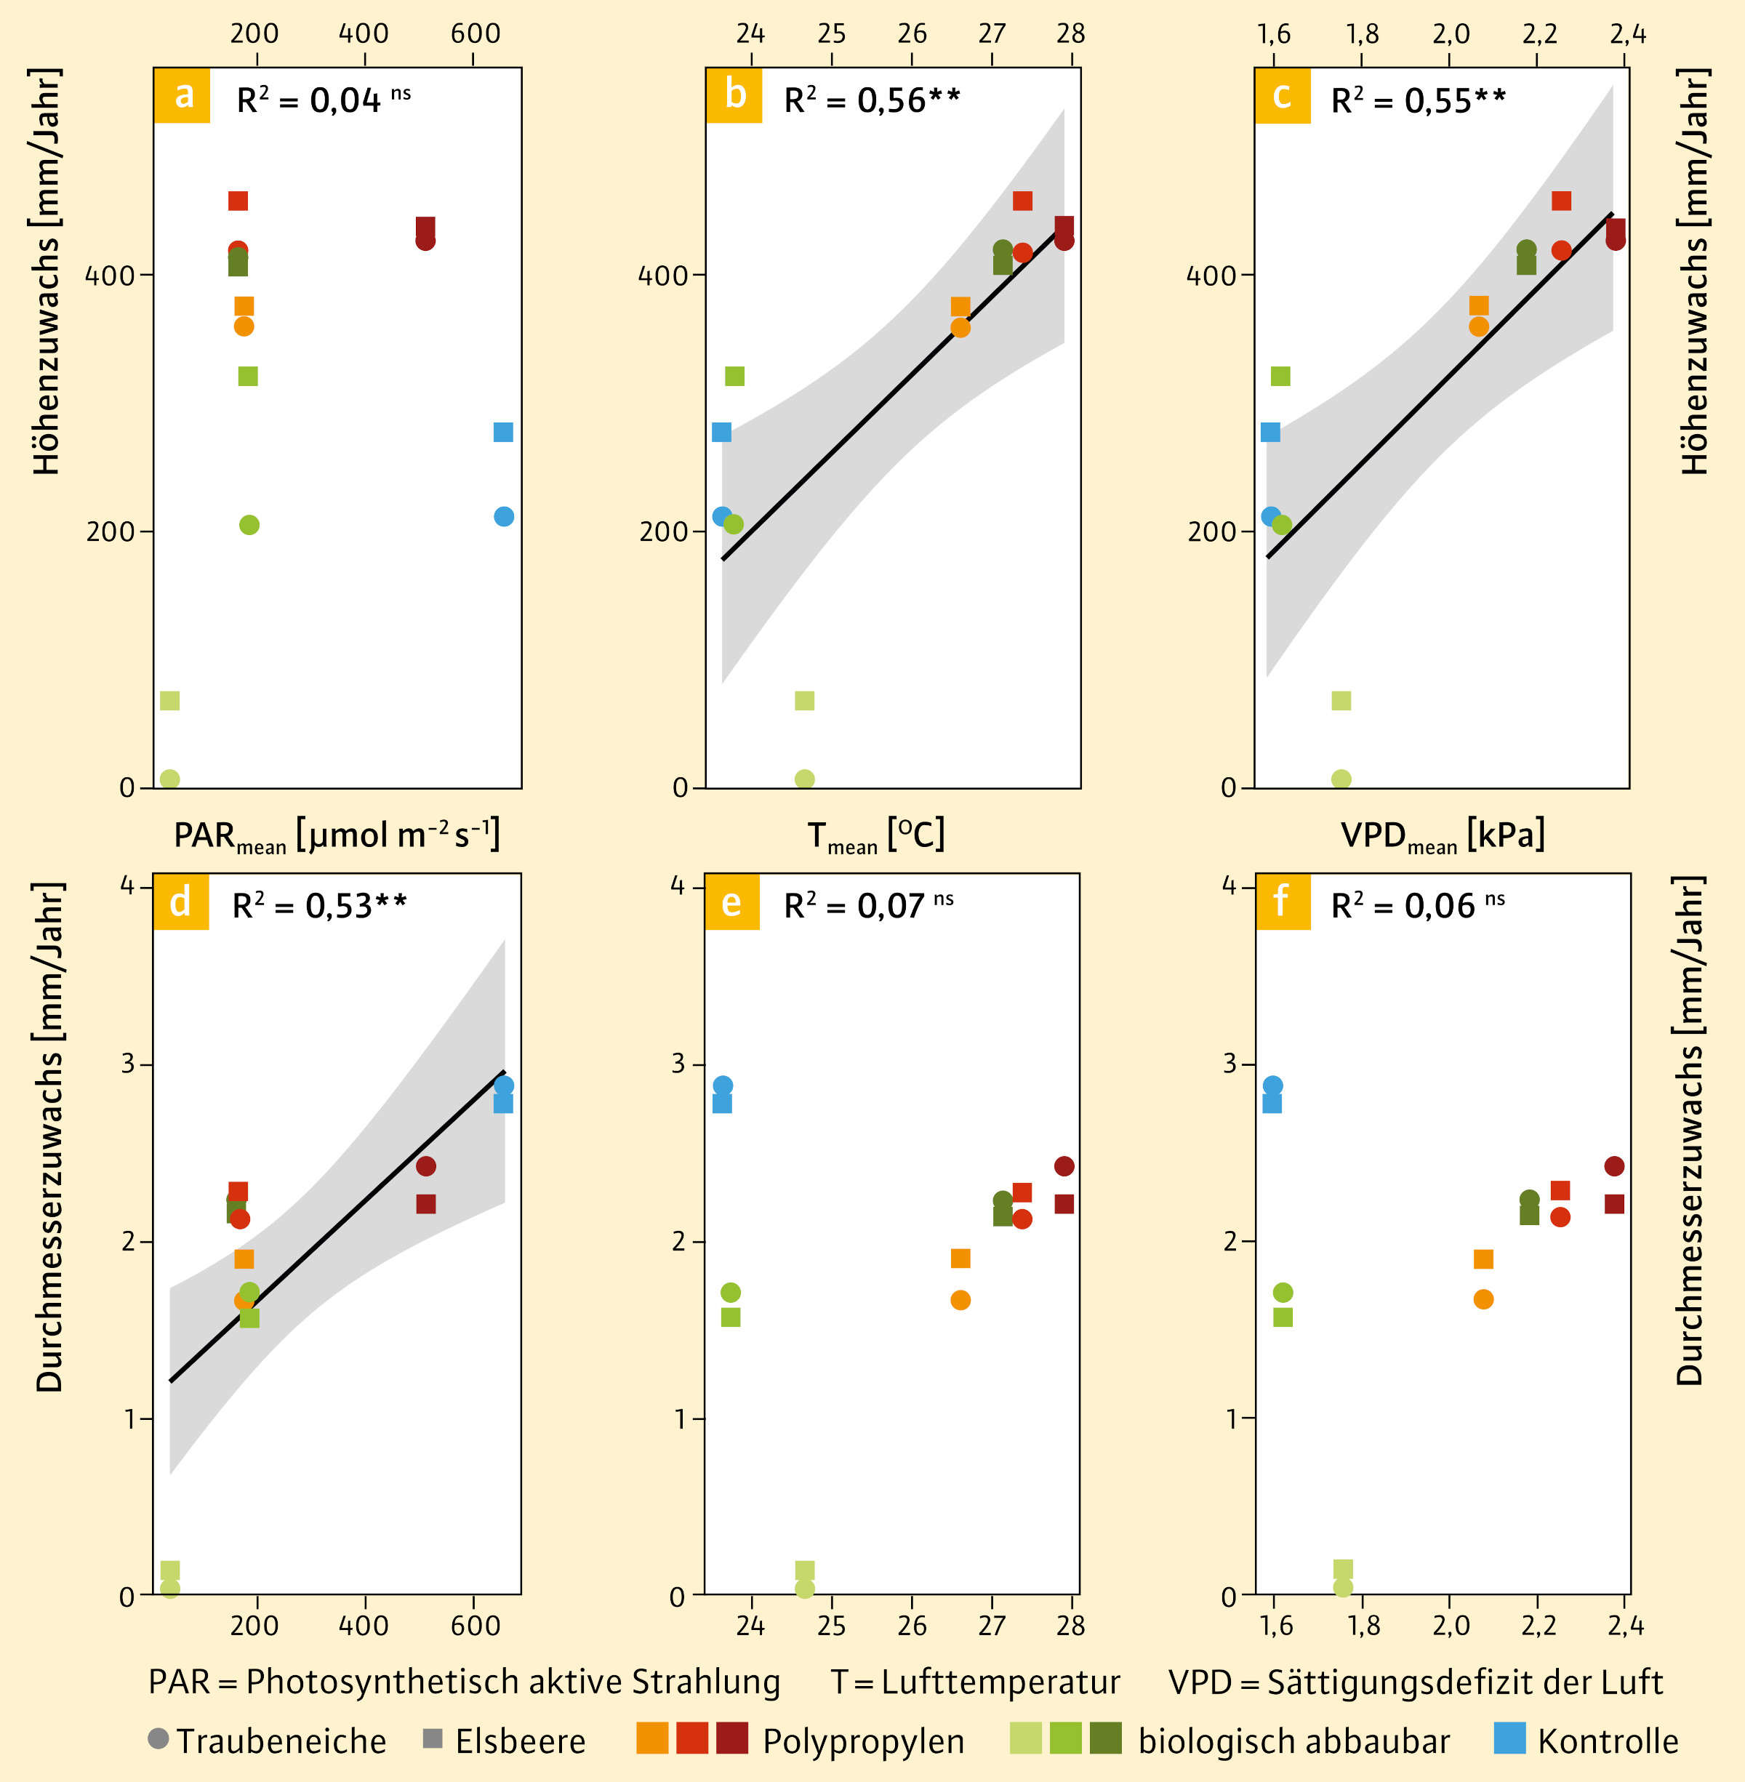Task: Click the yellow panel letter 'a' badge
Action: point(182,95)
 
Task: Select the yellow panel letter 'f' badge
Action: point(1282,902)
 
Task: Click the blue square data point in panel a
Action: point(503,432)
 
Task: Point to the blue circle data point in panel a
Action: point(504,517)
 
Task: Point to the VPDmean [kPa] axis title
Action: point(1443,836)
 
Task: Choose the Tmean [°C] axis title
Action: point(875,836)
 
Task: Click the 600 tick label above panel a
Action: point(476,34)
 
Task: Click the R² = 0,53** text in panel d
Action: point(319,906)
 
